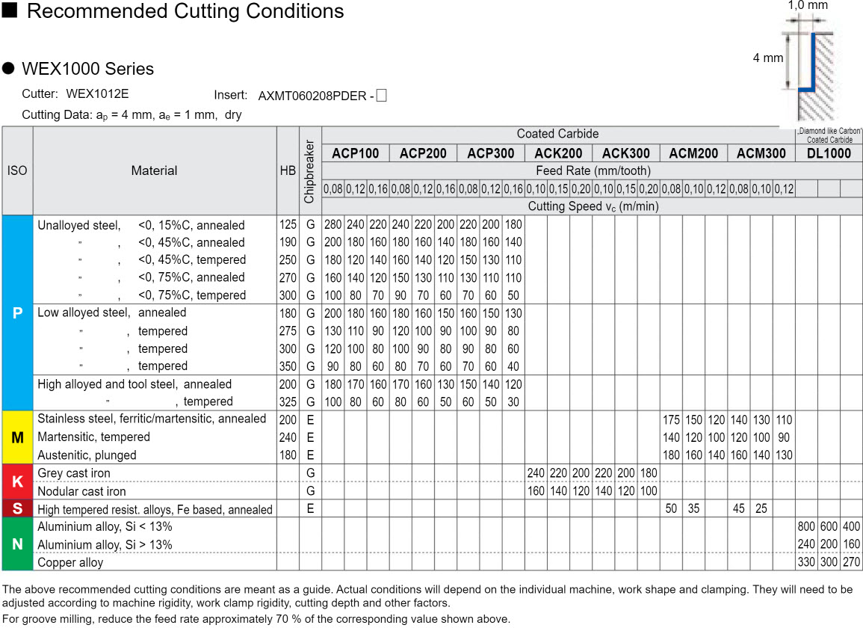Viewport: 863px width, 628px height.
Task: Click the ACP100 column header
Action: (356, 153)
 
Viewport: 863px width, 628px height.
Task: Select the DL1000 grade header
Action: (829, 153)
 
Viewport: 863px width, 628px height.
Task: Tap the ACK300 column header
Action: (625, 153)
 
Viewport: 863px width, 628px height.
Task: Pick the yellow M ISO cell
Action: (17, 437)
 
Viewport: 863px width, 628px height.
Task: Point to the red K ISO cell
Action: (17, 482)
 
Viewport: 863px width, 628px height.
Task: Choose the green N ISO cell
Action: (17, 544)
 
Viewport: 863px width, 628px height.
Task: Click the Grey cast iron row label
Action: (73, 473)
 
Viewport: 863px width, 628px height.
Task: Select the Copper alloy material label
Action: (70, 562)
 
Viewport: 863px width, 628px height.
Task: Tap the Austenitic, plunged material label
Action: (87, 455)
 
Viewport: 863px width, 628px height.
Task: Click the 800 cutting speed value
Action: (806, 527)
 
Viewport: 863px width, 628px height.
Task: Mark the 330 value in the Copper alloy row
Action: (806, 562)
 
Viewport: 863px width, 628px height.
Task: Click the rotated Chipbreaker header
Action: (310, 171)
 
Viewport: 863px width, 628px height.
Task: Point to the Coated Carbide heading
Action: (557, 134)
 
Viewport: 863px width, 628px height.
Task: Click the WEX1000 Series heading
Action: (87, 69)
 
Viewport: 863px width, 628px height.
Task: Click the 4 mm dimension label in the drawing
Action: (767, 58)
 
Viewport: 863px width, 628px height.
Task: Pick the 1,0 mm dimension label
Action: (808, 5)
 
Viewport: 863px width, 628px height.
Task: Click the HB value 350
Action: (288, 366)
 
